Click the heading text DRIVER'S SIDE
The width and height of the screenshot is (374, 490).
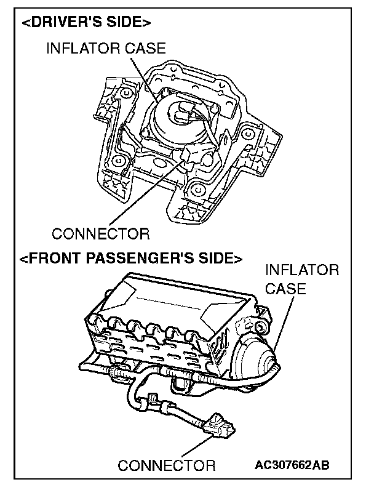(x=86, y=23)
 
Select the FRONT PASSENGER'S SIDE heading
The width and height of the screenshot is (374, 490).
(x=130, y=257)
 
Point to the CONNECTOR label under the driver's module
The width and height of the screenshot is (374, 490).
(x=100, y=234)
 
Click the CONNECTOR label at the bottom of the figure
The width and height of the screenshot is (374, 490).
(x=167, y=465)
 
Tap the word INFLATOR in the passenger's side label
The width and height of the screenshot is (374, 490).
(x=301, y=270)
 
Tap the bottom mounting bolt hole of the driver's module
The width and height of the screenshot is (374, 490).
(x=197, y=188)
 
